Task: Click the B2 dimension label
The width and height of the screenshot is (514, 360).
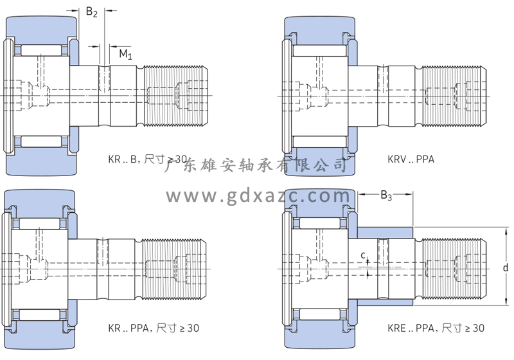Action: coord(92,12)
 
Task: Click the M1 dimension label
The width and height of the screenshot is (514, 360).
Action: coord(125,55)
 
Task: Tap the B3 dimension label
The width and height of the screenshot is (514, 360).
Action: coord(386,195)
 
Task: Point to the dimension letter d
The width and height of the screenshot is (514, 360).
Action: coord(506,267)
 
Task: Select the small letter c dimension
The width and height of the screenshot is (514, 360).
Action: coord(364,256)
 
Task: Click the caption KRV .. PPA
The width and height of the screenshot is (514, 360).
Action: coord(411,157)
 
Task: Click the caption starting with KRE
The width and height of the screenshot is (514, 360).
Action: coord(436,328)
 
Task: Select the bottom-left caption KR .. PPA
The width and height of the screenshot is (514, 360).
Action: coord(154,328)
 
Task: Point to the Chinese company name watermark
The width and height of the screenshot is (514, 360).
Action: coord(257,166)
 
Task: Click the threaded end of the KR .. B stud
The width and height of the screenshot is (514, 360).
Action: coord(173,96)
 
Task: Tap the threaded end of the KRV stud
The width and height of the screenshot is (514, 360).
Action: coord(450,96)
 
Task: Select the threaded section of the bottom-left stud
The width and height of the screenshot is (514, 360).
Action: coord(173,268)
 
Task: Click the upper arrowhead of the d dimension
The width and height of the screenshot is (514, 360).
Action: coord(506,231)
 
